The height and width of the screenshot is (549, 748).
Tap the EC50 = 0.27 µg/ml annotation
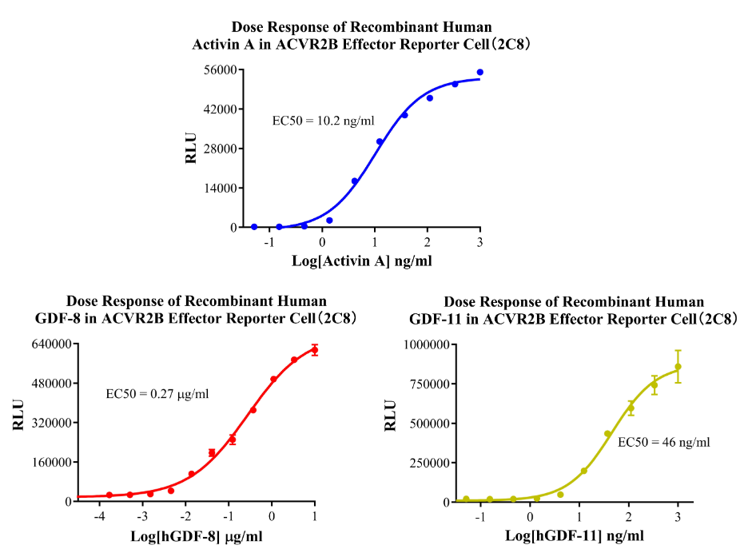157,393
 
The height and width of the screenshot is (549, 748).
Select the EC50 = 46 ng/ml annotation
663,441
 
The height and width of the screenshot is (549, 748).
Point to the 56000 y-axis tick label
216,70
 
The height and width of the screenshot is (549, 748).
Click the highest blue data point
480,72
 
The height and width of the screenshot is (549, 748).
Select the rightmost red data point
315,350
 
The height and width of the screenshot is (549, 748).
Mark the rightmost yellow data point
678,367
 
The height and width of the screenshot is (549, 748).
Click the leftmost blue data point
254,227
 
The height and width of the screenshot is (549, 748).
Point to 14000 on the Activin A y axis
216,188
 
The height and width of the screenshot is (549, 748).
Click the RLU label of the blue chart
191,148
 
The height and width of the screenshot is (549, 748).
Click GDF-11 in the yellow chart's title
436,318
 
